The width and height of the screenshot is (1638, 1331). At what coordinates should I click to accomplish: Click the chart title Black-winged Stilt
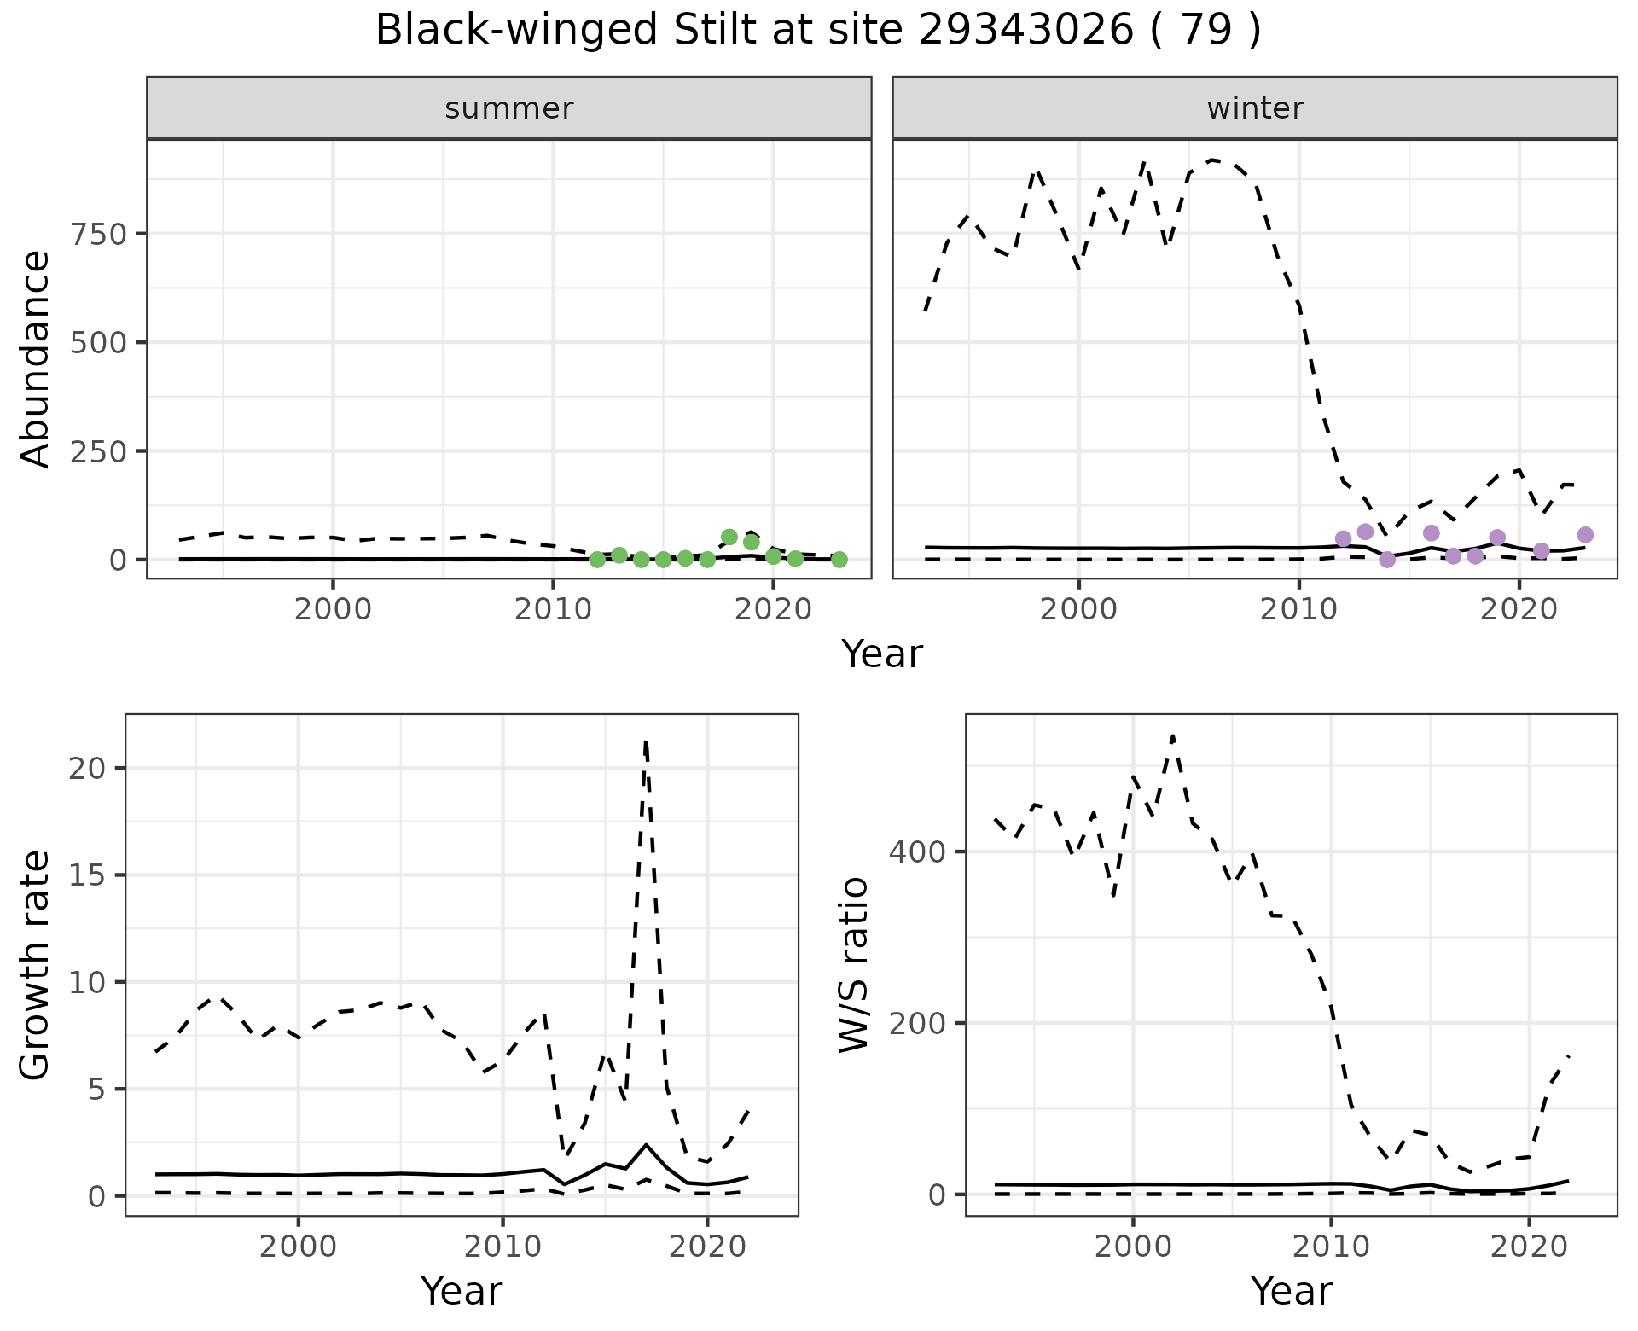[817, 31]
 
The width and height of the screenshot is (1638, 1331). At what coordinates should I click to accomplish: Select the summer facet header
[508, 108]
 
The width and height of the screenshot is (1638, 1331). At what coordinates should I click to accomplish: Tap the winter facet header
[1254, 108]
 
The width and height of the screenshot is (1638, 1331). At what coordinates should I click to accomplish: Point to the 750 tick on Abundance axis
[97, 234]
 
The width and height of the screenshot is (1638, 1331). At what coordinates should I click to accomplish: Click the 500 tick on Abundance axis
[97, 342]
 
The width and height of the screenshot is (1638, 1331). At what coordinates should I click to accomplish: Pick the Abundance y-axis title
[36, 358]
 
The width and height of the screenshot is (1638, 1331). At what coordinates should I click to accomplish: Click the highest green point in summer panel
[729, 537]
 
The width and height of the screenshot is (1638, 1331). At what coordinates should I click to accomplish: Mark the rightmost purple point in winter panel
[1585, 534]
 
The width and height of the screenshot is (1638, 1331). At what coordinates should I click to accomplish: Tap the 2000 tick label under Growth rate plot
[298, 1247]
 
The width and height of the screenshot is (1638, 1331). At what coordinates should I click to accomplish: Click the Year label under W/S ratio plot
[1291, 1291]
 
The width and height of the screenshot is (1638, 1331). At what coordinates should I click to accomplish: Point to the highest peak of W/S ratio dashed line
[1172, 735]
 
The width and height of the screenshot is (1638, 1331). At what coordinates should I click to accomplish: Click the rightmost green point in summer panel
[839, 560]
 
